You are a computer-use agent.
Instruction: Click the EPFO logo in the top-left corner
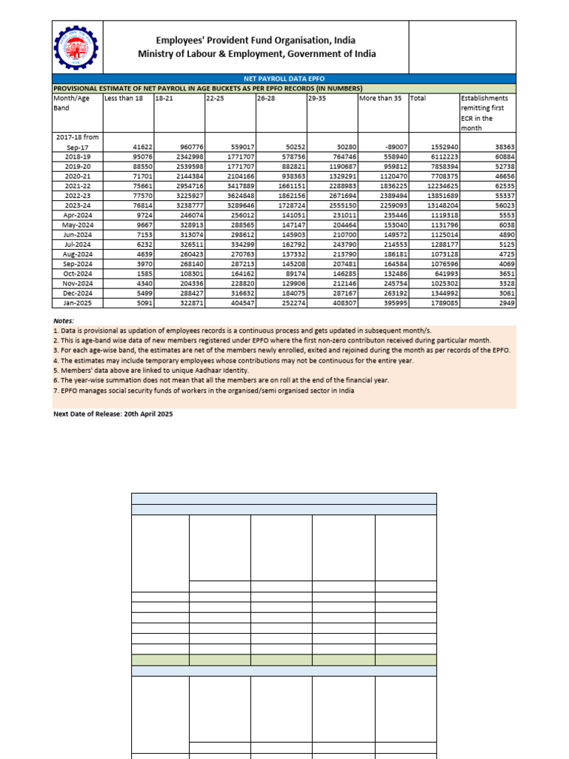[x=77, y=46]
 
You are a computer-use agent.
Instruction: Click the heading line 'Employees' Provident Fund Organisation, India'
[x=255, y=40]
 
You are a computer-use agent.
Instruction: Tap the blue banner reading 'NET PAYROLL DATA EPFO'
[x=284, y=78]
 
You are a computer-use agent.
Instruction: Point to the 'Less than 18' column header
[x=123, y=98]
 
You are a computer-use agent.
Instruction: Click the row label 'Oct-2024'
[x=76, y=274]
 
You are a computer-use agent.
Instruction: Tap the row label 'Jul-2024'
[x=76, y=244]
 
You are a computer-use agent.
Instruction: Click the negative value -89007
[x=393, y=148]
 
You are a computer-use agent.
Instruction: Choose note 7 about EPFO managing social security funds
[x=203, y=391]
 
